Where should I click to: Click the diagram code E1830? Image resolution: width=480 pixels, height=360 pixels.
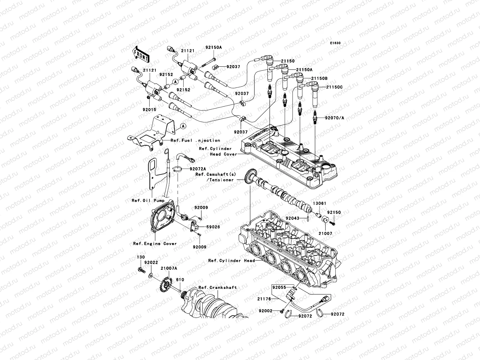click(335, 43)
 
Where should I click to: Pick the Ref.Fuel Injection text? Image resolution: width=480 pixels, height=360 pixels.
click(195, 140)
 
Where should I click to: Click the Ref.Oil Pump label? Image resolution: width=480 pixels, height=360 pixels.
click(148, 201)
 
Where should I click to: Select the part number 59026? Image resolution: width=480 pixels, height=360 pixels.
click(213, 227)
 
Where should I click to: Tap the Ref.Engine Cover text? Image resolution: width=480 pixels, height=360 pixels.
click(155, 244)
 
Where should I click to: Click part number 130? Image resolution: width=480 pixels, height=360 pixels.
click(141, 257)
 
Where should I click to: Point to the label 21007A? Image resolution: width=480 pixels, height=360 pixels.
click(169, 268)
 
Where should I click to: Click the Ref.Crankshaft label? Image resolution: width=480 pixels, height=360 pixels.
click(217, 287)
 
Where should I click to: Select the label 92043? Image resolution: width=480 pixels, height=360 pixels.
click(292, 218)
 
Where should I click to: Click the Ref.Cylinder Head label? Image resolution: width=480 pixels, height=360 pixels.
click(231, 261)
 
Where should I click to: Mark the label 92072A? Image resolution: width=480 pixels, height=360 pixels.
click(197, 169)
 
